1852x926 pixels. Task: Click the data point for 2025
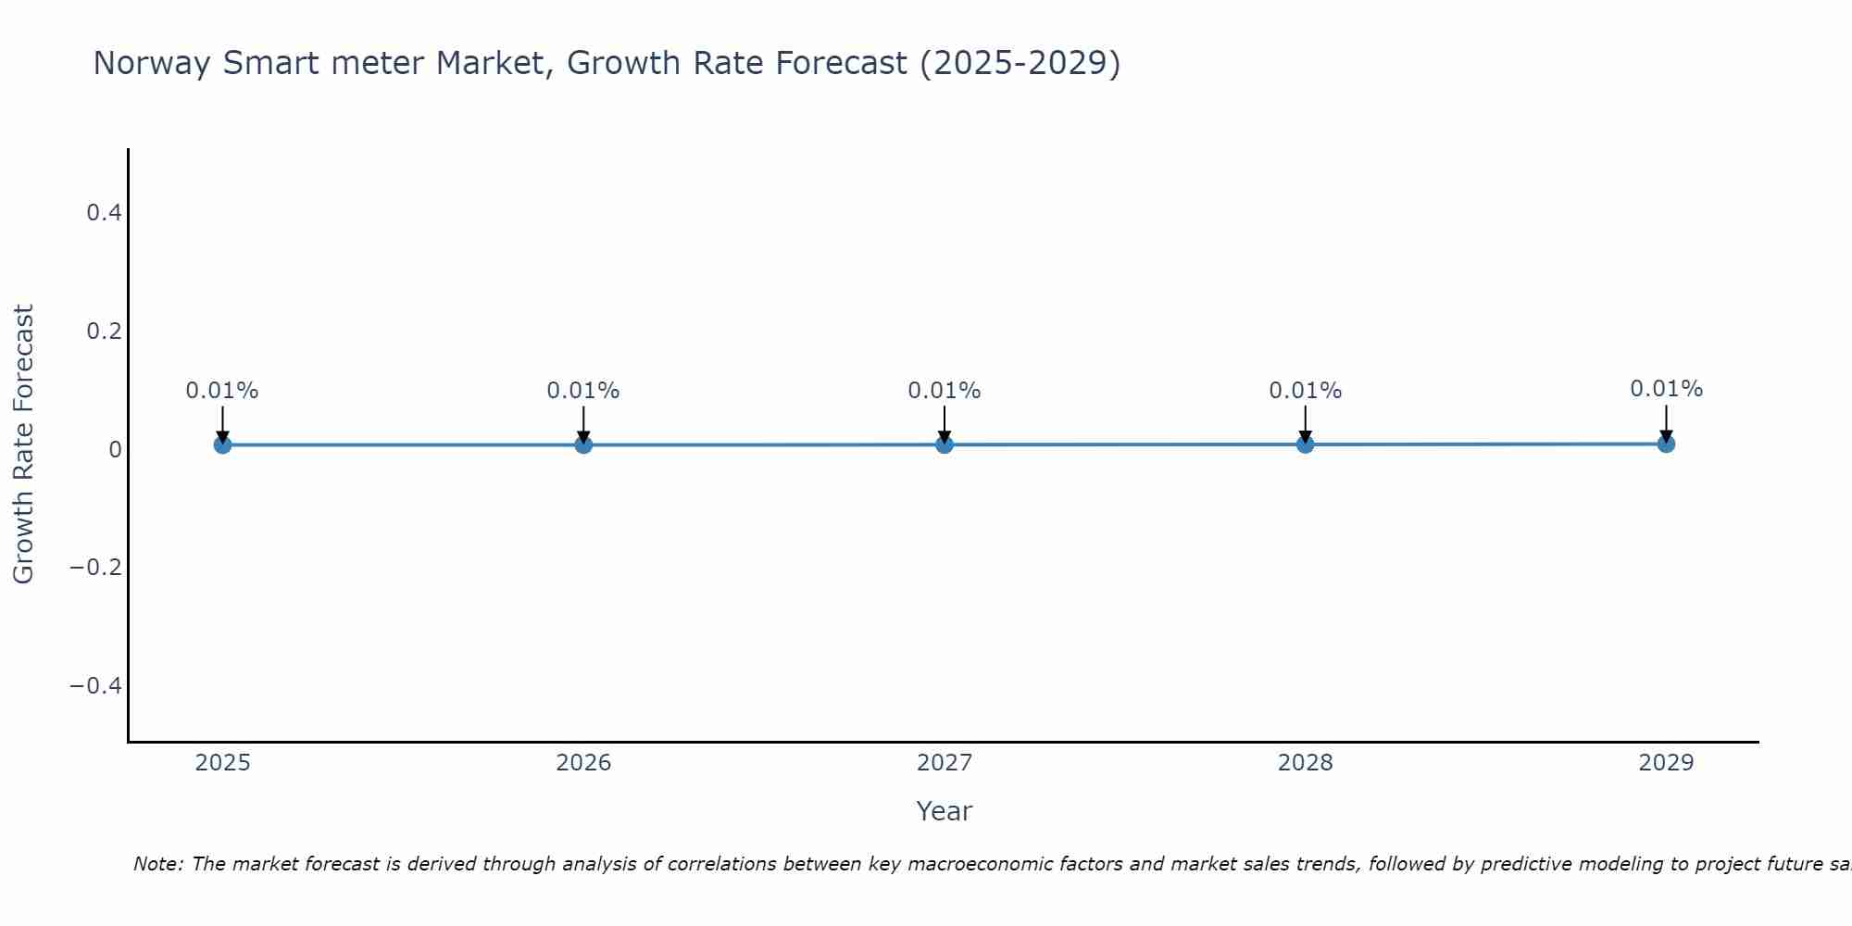[222, 444]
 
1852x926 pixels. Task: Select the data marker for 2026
[583, 444]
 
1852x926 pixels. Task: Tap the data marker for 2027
[945, 444]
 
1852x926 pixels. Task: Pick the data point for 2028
[1306, 444]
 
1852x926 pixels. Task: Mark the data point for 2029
[1666, 444]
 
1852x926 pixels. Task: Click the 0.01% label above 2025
[222, 391]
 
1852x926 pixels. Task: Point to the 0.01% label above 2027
[945, 391]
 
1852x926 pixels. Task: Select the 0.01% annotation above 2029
[1666, 389]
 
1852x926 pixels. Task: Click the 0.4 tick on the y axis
[104, 213]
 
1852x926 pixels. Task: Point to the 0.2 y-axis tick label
[104, 331]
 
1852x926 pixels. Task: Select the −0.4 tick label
[96, 685]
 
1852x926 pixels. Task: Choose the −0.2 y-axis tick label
[96, 567]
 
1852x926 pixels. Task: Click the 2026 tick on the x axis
[583, 763]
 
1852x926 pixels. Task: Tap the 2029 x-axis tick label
[1666, 763]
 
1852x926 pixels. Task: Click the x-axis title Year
[944, 811]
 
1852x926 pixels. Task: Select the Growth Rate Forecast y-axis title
[23, 444]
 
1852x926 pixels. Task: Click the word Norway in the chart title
[153, 63]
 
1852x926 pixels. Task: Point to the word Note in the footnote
[157, 864]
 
